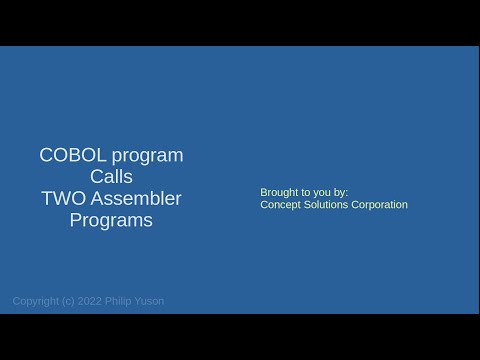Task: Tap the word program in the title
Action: tap(146, 156)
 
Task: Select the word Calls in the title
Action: tap(111, 177)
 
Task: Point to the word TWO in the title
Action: tap(62, 198)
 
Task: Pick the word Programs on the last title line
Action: tap(111, 221)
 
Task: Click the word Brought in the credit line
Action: tap(279, 191)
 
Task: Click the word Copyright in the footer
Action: tap(35, 300)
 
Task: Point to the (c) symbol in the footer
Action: tap(69, 300)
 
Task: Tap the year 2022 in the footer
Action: tap(91, 300)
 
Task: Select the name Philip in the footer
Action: tap(121, 300)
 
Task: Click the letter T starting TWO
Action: tap(47, 198)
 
